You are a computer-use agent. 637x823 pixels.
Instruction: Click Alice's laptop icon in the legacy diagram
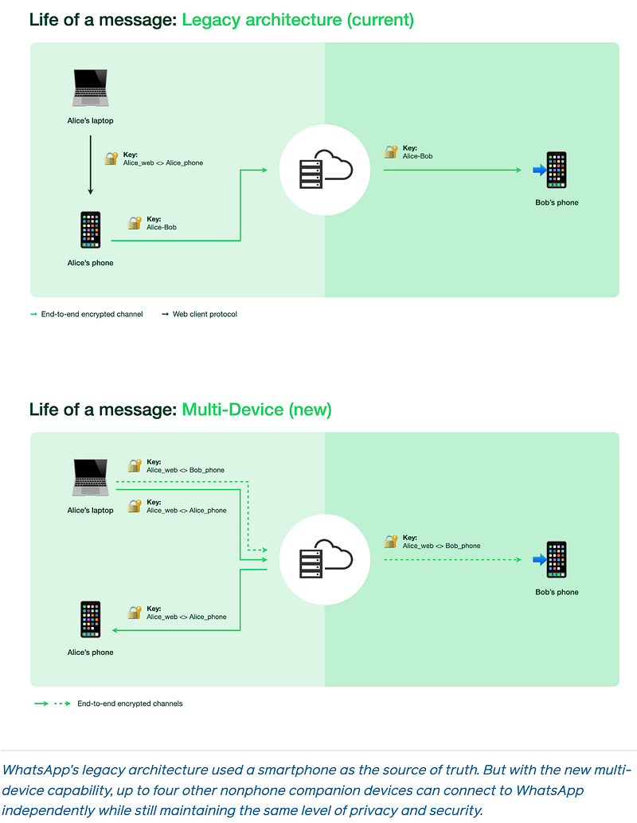tap(91, 88)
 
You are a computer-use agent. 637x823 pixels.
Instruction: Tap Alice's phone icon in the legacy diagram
tap(90, 230)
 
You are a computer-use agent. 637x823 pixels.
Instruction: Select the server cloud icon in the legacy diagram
tap(326, 170)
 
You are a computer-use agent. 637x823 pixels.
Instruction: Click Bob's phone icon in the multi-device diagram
tap(557, 559)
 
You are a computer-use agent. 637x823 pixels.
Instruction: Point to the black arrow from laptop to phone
tap(90, 165)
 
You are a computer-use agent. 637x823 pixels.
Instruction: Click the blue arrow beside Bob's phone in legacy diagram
tap(539, 170)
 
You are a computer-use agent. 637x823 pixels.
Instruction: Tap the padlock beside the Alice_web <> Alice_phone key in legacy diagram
tap(111, 159)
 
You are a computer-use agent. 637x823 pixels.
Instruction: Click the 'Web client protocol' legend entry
tap(199, 314)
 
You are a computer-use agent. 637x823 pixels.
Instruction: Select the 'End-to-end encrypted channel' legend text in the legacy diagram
tap(92, 314)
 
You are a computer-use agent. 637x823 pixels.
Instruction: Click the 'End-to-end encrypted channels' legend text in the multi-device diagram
tap(130, 703)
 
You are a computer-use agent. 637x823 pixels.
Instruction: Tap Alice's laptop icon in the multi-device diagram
tap(91, 477)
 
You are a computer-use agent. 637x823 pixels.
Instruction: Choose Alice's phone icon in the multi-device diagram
tap(90, 619)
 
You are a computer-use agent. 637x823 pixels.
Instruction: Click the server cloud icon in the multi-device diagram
tap(326, 559)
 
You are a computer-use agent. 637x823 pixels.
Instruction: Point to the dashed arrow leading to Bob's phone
tap(452, 559)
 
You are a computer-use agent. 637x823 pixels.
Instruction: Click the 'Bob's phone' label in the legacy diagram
tap(557, 202)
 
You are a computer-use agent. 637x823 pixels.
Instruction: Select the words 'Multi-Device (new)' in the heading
tap(256, 410)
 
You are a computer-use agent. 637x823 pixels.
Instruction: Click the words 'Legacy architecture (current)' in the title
tap(298, 20)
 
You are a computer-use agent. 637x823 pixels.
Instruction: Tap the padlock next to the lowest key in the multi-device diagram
tap(135, 613)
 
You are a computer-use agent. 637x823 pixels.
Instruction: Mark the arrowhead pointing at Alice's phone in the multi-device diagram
tap(115, 630)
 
